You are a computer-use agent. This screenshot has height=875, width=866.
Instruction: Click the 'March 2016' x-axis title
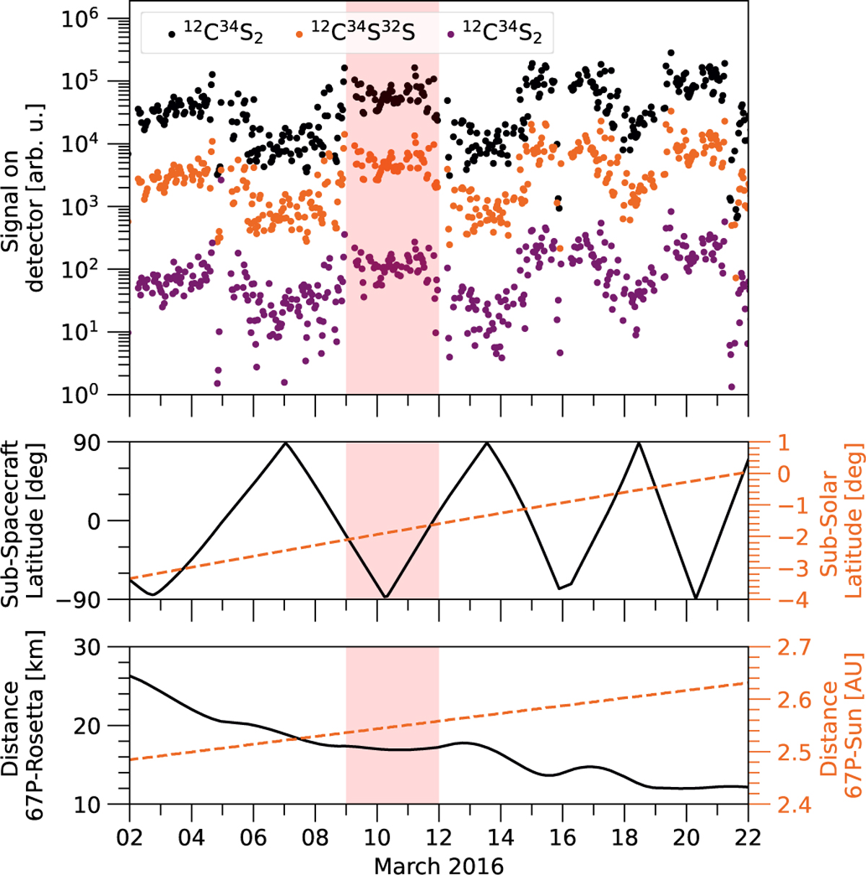pos(438,863)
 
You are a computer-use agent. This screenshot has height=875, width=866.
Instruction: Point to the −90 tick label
pos(94,599)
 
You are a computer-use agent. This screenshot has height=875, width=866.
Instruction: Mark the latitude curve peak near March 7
pos(286,442)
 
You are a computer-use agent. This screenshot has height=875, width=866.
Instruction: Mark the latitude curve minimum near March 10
pos(385,597)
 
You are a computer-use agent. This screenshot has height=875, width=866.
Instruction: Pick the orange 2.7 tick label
pos(776,648)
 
